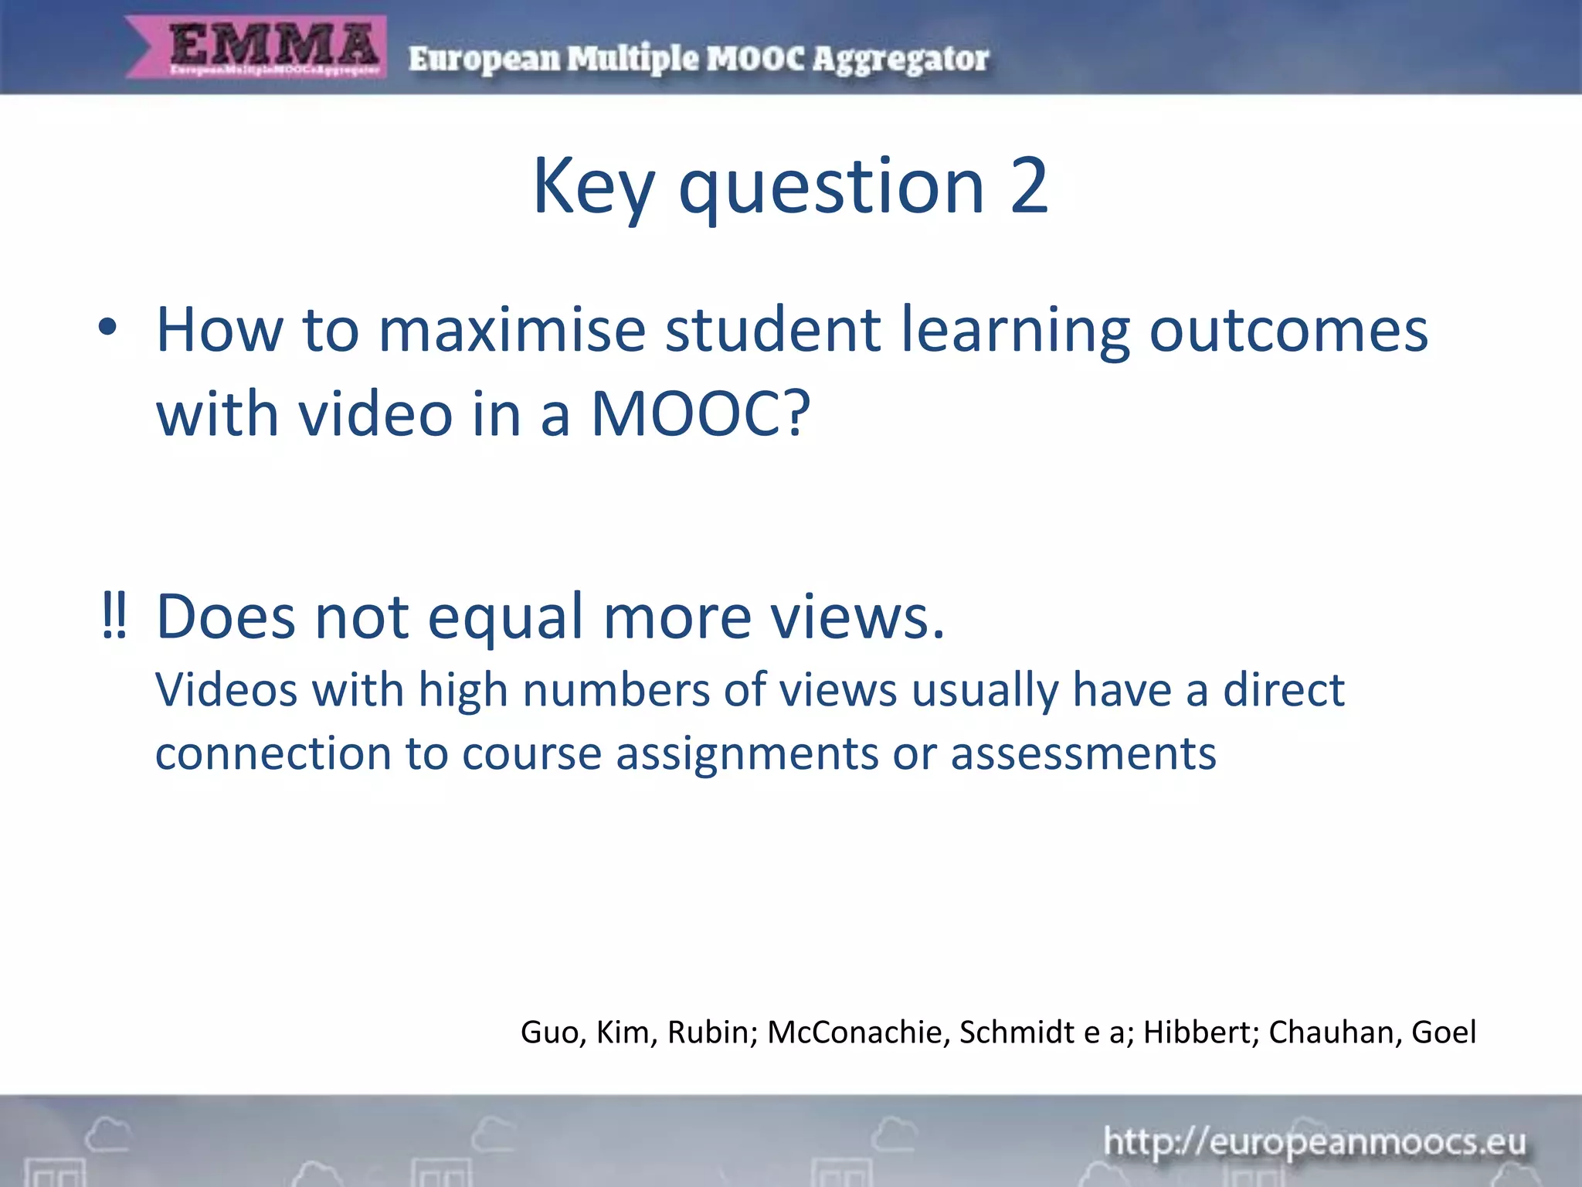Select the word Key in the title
click(x=593, y=187)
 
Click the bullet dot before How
click(x=108, y=328)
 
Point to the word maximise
click(x=511, y=331)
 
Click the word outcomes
click(x=1288, y=331)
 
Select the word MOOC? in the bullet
click(x=701, y=414)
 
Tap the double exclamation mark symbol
click(x=114, y=617)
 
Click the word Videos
click(x=226, y=689)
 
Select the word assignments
click(x=747, y=753)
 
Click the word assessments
click(x=1083, y=753)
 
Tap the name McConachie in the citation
click(x=854, y=1032)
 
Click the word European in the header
click(x=484, y=59)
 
